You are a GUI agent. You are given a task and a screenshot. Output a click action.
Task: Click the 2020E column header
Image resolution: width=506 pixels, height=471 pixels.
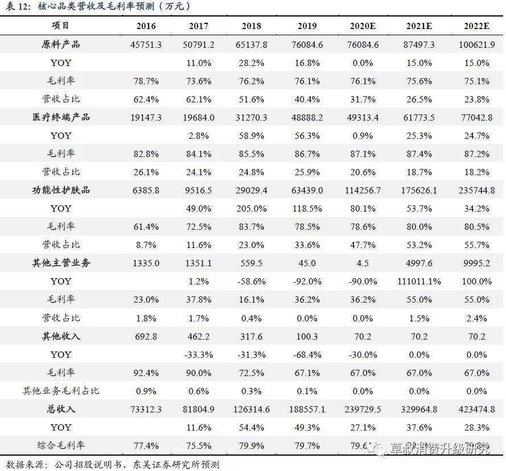click(363, 27)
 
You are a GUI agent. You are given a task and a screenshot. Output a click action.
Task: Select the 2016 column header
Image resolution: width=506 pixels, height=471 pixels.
click(146, 27)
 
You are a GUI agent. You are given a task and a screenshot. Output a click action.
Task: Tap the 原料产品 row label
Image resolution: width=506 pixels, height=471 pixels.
click(61, 44)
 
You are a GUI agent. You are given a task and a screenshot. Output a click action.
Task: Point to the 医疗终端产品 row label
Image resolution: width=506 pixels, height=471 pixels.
click(61, 117)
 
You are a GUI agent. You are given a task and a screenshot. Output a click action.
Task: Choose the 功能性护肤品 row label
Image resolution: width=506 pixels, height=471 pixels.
click(61, 190)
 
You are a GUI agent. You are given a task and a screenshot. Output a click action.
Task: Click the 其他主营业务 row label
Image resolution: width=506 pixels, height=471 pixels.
click(61, 263)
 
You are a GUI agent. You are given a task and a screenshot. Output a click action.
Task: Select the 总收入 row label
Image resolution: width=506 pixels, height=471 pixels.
click(61, 409)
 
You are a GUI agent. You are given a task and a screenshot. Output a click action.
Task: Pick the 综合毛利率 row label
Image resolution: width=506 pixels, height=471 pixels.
click(61, 445)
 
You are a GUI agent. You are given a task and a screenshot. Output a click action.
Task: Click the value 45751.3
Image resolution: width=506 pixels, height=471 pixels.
click(146, 45)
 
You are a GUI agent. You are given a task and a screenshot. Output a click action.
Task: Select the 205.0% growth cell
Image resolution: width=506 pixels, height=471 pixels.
click(251, 209)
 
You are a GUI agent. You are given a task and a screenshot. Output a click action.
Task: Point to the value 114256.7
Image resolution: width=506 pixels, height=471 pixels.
click(363, 191)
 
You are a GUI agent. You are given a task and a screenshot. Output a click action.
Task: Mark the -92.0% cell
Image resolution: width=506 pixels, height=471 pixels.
click(307, 282)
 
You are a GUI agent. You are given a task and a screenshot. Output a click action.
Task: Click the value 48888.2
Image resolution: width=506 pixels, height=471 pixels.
click(307, 118)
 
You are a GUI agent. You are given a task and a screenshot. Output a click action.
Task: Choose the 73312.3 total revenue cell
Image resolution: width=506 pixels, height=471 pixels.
click(146, 410)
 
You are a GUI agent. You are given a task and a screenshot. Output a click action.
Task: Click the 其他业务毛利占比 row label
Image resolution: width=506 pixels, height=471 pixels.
click(61, 391)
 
